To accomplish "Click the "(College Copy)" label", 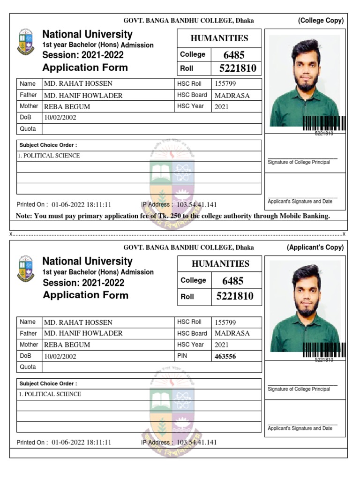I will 321,21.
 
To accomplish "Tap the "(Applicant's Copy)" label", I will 315,247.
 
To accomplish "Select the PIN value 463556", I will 225,356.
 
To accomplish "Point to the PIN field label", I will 182,356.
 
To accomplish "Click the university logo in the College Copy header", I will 26,43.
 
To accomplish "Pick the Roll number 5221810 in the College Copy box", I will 238,68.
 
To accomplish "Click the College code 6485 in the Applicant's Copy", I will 232,281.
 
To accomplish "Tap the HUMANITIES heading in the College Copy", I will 219,38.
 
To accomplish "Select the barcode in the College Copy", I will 324,123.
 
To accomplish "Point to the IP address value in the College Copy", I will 196,205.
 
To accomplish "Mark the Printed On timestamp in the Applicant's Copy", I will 81,442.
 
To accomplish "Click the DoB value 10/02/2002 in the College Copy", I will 60,118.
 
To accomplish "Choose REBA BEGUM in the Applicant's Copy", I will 67,345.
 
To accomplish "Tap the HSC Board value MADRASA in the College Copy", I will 232,95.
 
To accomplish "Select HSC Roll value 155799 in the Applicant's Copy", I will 225,322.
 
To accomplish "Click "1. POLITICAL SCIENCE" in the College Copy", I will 50,156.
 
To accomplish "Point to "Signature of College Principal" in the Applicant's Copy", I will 299,389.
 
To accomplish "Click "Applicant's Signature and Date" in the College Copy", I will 300,202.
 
